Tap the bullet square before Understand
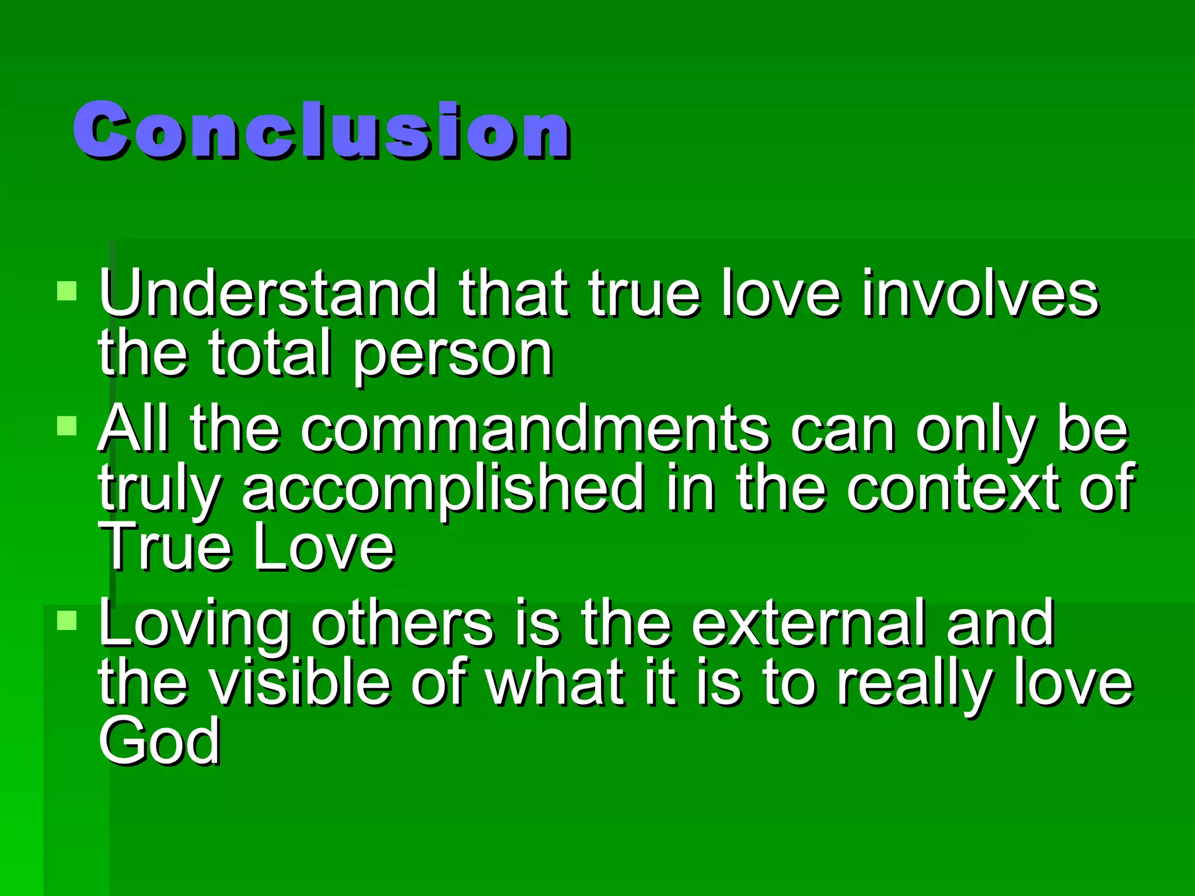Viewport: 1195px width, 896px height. click(x=67, y=290)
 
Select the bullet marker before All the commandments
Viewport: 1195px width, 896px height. click(x=67, y=426)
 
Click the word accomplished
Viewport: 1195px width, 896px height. click(x=443, y=489)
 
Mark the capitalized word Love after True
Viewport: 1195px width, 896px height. click(x=324, y=547)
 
